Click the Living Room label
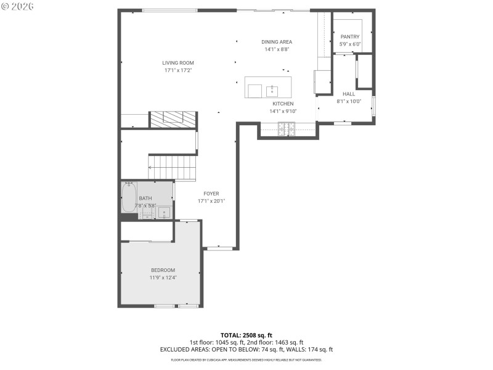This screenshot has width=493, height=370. [x=178, y=63]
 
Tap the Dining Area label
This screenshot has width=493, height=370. [x=277, y=42]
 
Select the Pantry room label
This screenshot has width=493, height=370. [x=349, y=37]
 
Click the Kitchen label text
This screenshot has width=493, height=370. [x=283, y=104]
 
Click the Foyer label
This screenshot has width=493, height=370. [x=208, y=194]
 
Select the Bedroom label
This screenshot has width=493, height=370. [x=163, y=270]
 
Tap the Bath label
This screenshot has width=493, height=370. [x=145, y=198]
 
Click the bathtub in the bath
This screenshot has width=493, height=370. [x=129, y=197]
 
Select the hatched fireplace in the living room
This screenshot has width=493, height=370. [x=173, y=119]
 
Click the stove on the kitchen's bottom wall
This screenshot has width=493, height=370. [x=287, y=128]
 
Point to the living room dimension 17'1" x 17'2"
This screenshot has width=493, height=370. [x=178, y=70]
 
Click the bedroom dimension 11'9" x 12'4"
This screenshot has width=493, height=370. [x=163, y=278]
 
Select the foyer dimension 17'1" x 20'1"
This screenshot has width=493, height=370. [x=208, y=201]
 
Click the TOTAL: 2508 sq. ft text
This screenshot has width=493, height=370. [x=246, y=335]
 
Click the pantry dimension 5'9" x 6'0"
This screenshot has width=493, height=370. [x=349, y=44]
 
